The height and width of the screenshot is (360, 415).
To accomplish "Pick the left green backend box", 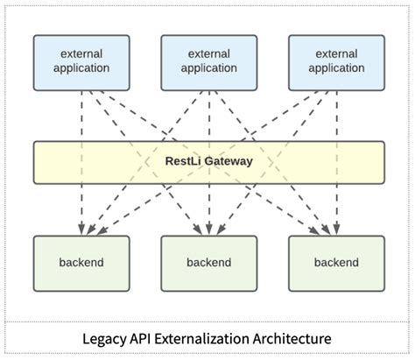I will click(81, 263).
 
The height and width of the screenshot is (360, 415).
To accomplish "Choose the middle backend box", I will click(208, 263).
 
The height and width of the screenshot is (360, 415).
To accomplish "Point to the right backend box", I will click(336, 263).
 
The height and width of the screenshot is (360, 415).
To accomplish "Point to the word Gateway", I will click(227, 161).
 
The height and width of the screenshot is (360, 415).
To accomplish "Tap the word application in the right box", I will click(336, 68).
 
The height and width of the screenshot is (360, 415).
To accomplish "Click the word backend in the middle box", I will click(208, 262).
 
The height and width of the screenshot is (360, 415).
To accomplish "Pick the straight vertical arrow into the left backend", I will click(81, 210).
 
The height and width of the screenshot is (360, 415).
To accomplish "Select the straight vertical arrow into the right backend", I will click(336, 210).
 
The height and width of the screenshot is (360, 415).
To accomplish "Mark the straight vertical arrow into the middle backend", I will click(208, 210).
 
